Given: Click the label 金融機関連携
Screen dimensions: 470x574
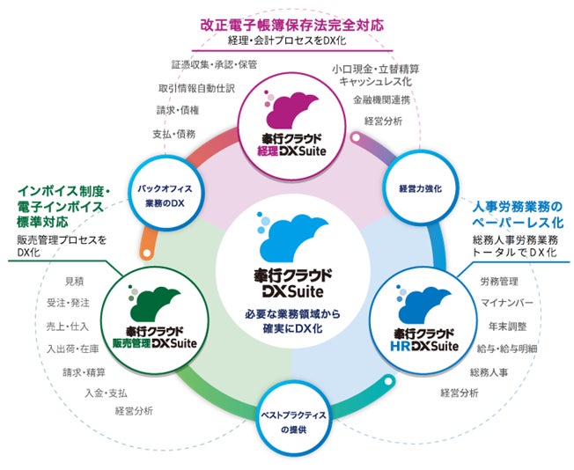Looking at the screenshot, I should (386, 99).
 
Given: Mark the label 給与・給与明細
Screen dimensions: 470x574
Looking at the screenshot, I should (510, 349).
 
